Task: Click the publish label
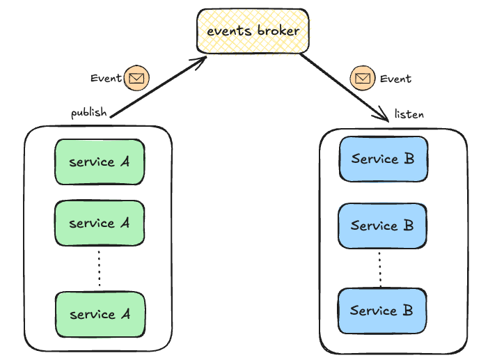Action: coord(88,112)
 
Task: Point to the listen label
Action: coord(409,114)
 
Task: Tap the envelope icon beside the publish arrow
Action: coord(137,79)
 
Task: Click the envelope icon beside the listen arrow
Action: coord(362,79)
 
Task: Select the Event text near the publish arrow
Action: coord(106,78)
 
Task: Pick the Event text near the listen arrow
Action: coord(395,79)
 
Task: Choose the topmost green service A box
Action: coord(100,162)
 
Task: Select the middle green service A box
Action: coord(100,224)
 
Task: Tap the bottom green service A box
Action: coord(100,314)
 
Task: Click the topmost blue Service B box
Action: coord(382,159)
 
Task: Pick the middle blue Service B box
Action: coord(382,226)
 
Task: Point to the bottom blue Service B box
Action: coord(382,310)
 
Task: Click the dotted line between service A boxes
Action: coord(100,268)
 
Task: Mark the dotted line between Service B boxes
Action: coord(380,268)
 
